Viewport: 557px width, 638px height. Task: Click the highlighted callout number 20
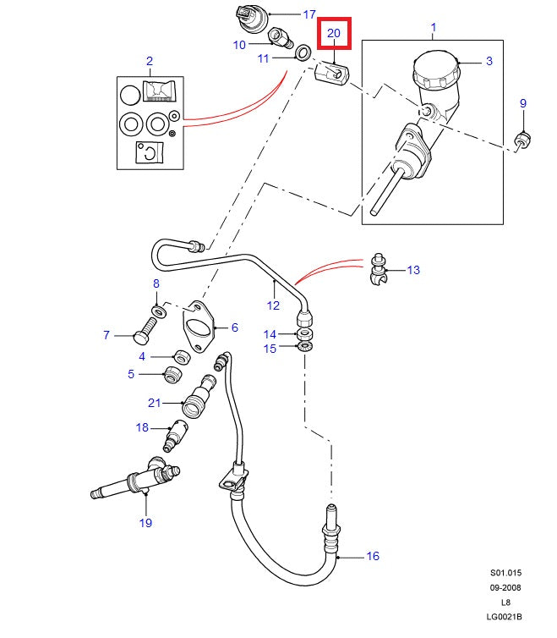point(333,33)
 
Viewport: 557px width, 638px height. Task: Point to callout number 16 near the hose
point(373,556)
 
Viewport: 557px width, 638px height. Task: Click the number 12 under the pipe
point(273,305)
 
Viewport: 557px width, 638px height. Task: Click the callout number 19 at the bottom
point(145,523)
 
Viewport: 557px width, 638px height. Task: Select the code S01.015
point(505,573)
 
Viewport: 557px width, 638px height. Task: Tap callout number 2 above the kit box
point(150,61)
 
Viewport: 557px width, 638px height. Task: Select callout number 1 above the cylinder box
point(434,28)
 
